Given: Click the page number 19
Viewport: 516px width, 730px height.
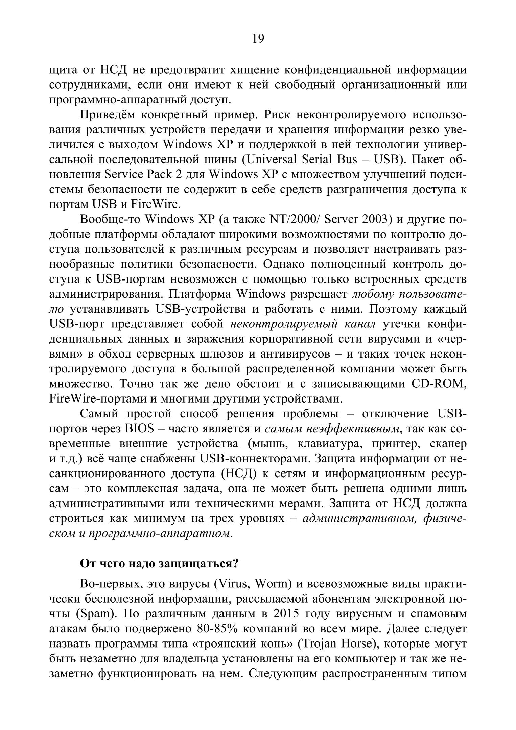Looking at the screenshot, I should point(258,39).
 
